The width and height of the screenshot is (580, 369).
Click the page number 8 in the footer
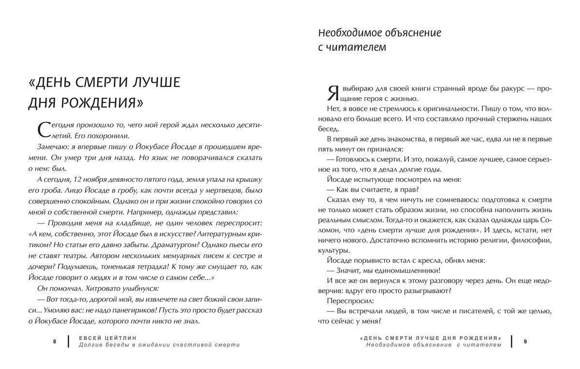click(55, 341)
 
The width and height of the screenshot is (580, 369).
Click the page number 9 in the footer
click(525, 341)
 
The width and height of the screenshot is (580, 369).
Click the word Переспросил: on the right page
click(349, 300)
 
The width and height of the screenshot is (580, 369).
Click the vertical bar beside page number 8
click(68, 341)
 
